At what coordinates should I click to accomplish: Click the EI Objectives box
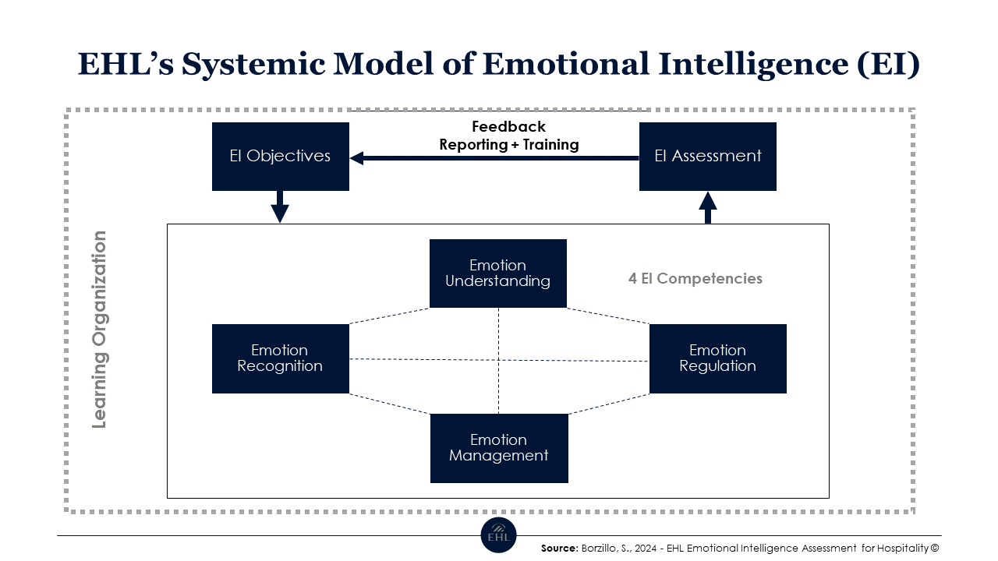(x=280, y=156)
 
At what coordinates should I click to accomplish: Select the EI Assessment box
(x=707, y=156)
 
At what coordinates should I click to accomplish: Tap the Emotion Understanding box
(x=497, y=273)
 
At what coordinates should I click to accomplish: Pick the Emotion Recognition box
(x=280, y=358)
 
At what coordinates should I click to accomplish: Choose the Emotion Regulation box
(x=717, y=358)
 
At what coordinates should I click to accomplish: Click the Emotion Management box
(x=499, y=448)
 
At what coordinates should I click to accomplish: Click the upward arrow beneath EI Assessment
(x=707, y=207)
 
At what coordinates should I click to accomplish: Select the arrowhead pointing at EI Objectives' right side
(x=357, y=158)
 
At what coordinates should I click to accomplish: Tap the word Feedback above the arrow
(x=508, y=126)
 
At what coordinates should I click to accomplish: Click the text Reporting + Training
(x=508, y=144)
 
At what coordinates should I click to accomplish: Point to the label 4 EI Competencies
(x=695, y=278)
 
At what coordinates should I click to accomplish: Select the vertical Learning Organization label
(x=99, y=330)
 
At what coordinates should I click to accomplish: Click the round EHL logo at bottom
(x=498, y=535)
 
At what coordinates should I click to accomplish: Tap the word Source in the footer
(x=559, y=549)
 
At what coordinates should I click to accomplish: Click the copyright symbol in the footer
(x=935, y=549)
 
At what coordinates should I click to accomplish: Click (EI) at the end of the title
(x=888, y=64)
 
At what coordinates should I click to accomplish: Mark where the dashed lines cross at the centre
(x=498, y=360)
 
